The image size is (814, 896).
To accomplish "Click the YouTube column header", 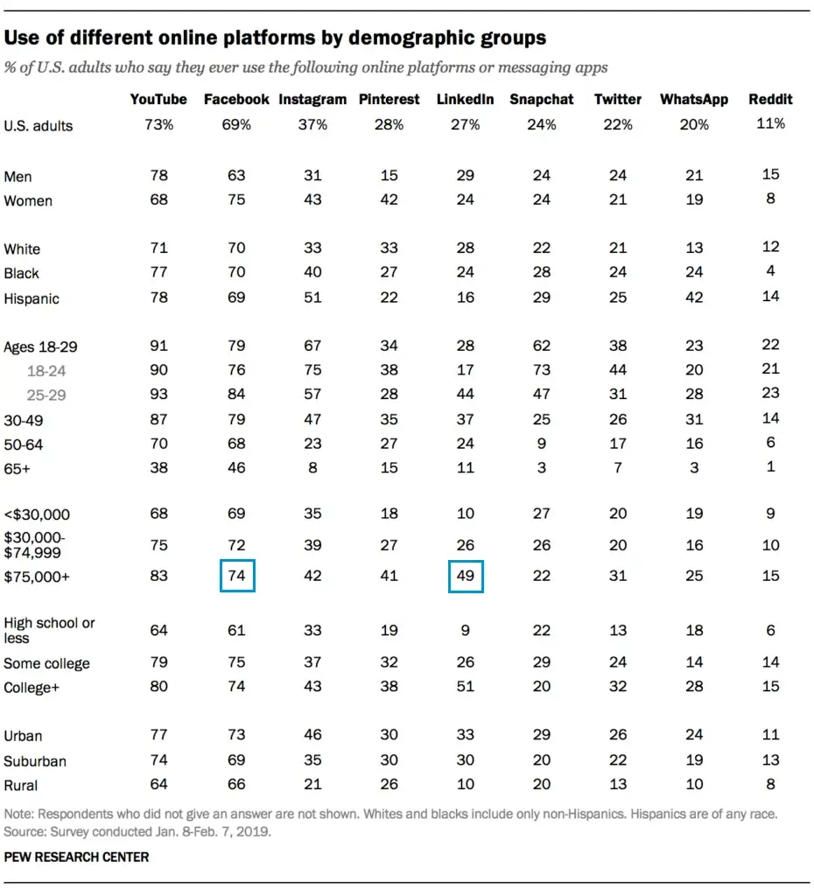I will [x=158, y=100].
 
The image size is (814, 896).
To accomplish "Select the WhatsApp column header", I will [x=694, y=100].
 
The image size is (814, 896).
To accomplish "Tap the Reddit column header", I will [x=770, y=100].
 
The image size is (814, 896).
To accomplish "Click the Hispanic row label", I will [x=32, y=298].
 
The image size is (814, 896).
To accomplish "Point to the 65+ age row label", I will [x=18, y=469].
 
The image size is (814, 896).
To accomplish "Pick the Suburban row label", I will [x=34, y=761].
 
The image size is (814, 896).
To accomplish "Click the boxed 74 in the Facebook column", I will [x=237, y=577].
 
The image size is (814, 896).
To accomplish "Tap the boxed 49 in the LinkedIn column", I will [x=466, y=577].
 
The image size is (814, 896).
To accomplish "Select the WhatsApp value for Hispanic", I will [x=694, y=297].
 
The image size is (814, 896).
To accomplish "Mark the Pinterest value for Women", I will [x=389, y=199].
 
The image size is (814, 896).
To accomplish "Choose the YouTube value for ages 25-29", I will [x=159, y=395].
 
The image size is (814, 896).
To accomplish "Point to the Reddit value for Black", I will [x=770, y=271].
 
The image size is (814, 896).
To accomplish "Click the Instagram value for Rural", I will [x=312, y=785].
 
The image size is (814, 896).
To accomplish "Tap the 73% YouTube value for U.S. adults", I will [x=159, y=125].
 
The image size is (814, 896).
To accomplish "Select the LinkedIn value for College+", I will [x=466, y=687].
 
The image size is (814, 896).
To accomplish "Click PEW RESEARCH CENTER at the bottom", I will [x=76, y=857].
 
